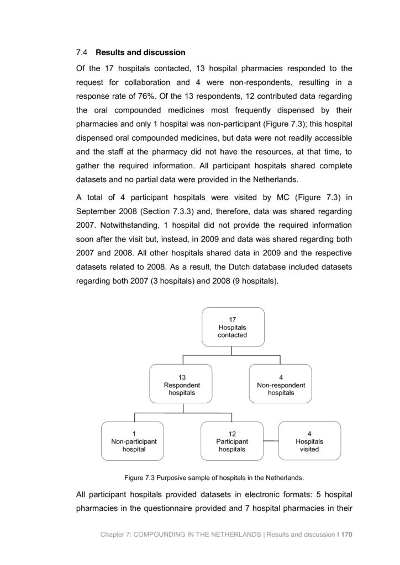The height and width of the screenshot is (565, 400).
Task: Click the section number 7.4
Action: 81,53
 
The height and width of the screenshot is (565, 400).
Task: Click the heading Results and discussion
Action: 140,53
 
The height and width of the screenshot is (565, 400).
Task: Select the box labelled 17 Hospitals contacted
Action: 232,327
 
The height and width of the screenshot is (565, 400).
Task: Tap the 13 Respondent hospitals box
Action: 182,385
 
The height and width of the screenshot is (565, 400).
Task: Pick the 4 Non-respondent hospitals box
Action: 281,385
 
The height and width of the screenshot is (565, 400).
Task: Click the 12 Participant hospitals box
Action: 232,441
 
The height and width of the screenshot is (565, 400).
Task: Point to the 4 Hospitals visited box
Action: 309,441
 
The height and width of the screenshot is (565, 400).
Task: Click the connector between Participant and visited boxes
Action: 270,441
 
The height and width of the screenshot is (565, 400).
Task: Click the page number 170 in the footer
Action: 348,534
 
